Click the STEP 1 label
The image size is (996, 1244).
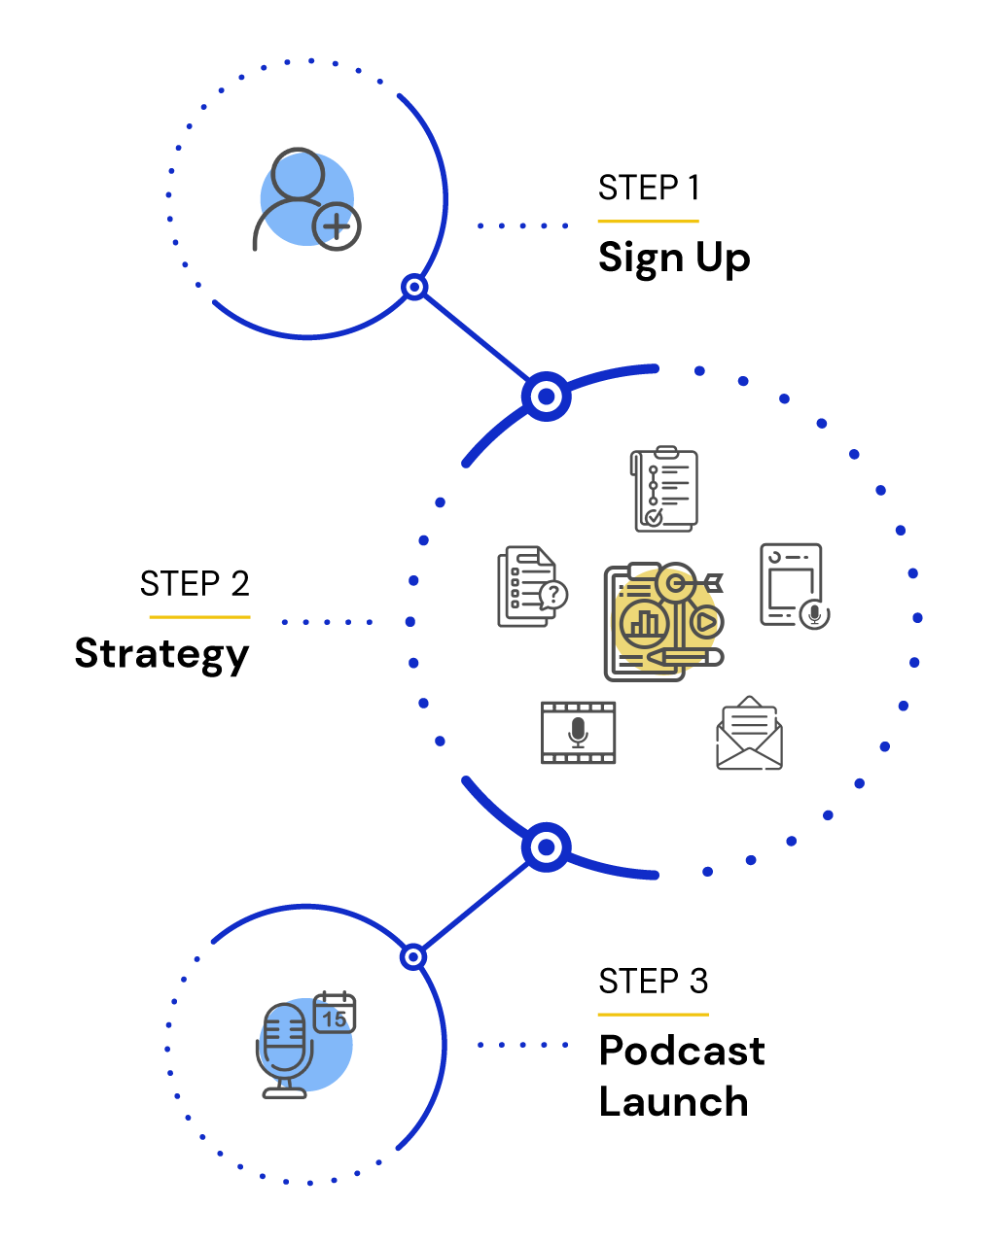pos(648,188)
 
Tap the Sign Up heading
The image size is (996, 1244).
pos(674,258)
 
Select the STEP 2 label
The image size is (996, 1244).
pos(195,583)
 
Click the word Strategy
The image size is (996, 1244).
pos(162,654)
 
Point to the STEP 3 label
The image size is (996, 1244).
pos(654,981)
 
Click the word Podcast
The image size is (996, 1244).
pos(682,1051)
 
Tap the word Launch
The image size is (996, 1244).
pos(674,1102)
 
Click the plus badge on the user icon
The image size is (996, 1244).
pos(337,226)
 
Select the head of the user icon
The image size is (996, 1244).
pos(298,174)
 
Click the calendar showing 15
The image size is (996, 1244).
pos(335,1012)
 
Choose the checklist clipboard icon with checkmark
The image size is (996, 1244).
pos(664,489)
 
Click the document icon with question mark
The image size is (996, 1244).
pos(532,586)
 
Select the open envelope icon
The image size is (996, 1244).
pos(750,733)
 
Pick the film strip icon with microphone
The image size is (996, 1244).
pos(578,733)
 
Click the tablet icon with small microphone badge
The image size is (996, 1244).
pos(795,586)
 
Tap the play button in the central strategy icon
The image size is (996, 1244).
pos(706,622)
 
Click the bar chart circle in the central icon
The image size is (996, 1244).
pos(644,623)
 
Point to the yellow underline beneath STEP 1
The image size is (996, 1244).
pos(648,221)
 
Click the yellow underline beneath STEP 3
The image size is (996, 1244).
pos(654,1015)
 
